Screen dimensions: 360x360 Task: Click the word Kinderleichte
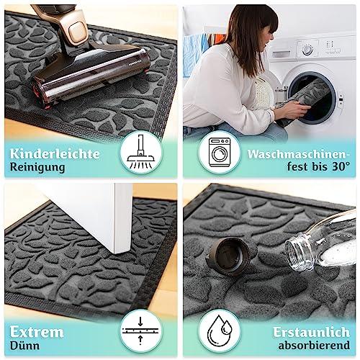[55, 153]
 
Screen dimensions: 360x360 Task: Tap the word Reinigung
[37, 167]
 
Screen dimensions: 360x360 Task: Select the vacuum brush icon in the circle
[141, 152]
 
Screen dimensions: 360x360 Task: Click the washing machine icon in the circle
[220, 152]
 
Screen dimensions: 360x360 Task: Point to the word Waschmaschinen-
[298, 154]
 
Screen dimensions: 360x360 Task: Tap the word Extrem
[37, 332]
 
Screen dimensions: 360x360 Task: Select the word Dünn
[24, 346]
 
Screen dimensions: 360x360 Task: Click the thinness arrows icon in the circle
[140, 330]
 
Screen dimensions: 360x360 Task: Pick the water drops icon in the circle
[220, 330]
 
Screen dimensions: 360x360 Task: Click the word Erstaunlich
[311, 333]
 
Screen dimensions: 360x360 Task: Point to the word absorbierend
[314, 346]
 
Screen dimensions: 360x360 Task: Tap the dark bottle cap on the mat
[230, 256]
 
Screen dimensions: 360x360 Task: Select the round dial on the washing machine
[307, 50]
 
